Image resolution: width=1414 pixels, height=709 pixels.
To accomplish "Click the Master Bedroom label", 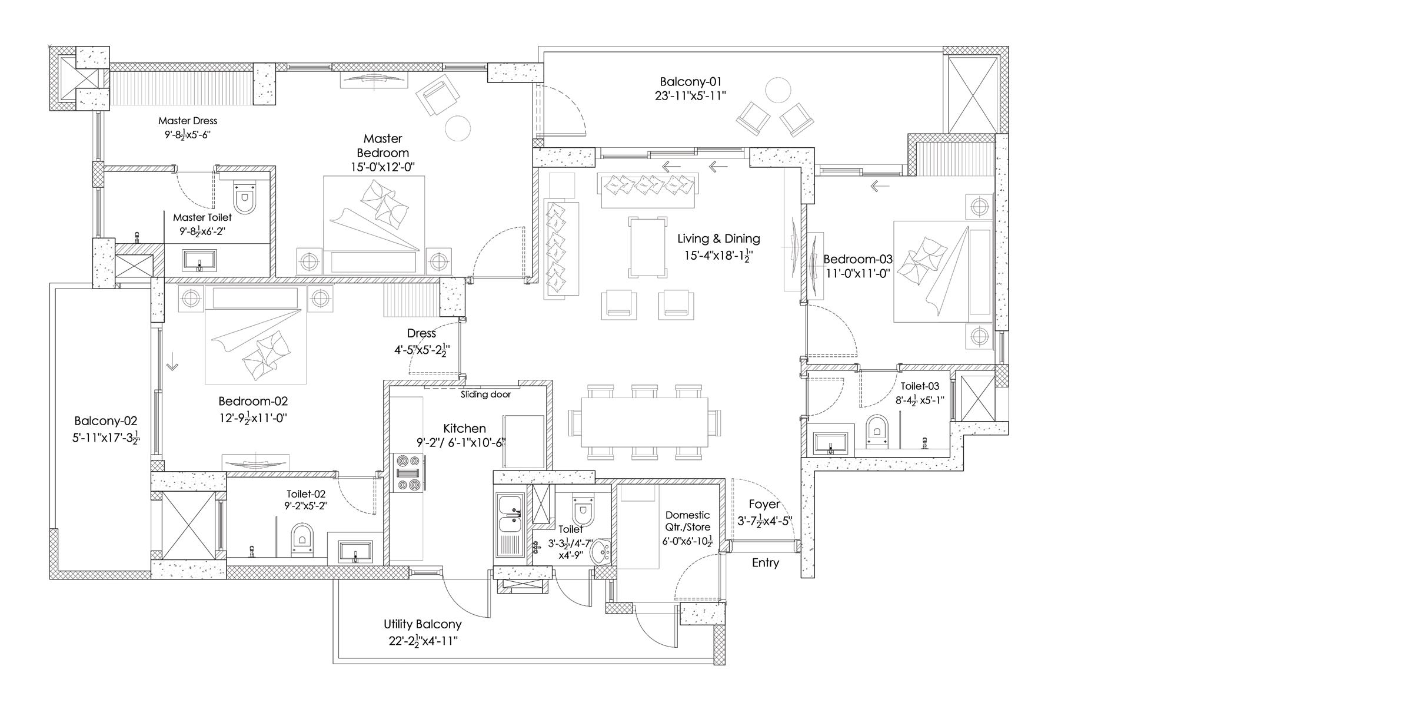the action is (382, 145).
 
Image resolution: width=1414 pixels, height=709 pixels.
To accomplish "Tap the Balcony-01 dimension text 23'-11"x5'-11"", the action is (690, 95).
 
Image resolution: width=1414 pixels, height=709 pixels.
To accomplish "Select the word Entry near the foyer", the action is (765, 563).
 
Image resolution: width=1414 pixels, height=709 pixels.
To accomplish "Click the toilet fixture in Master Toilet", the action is (245, 196).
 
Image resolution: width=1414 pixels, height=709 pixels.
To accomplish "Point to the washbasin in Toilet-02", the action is (355, 551).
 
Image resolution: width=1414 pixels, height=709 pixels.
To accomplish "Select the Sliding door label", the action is (485, 395).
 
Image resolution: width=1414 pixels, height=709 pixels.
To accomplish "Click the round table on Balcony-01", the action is (778, 91).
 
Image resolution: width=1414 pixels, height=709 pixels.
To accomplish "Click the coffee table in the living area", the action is (648, 246).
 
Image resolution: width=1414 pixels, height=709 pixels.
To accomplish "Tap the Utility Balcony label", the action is (422, 624).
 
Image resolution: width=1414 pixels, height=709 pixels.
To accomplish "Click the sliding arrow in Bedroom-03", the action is (880, 187).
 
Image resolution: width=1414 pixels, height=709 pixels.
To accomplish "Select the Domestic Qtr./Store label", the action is (687, 521).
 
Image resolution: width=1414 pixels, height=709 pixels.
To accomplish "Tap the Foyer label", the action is (764, 504).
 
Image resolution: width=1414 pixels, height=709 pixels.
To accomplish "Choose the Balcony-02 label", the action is (105, 421).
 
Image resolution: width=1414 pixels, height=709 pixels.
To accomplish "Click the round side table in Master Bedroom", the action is (457, 127).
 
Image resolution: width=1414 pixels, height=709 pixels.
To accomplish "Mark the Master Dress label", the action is (188, 121).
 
